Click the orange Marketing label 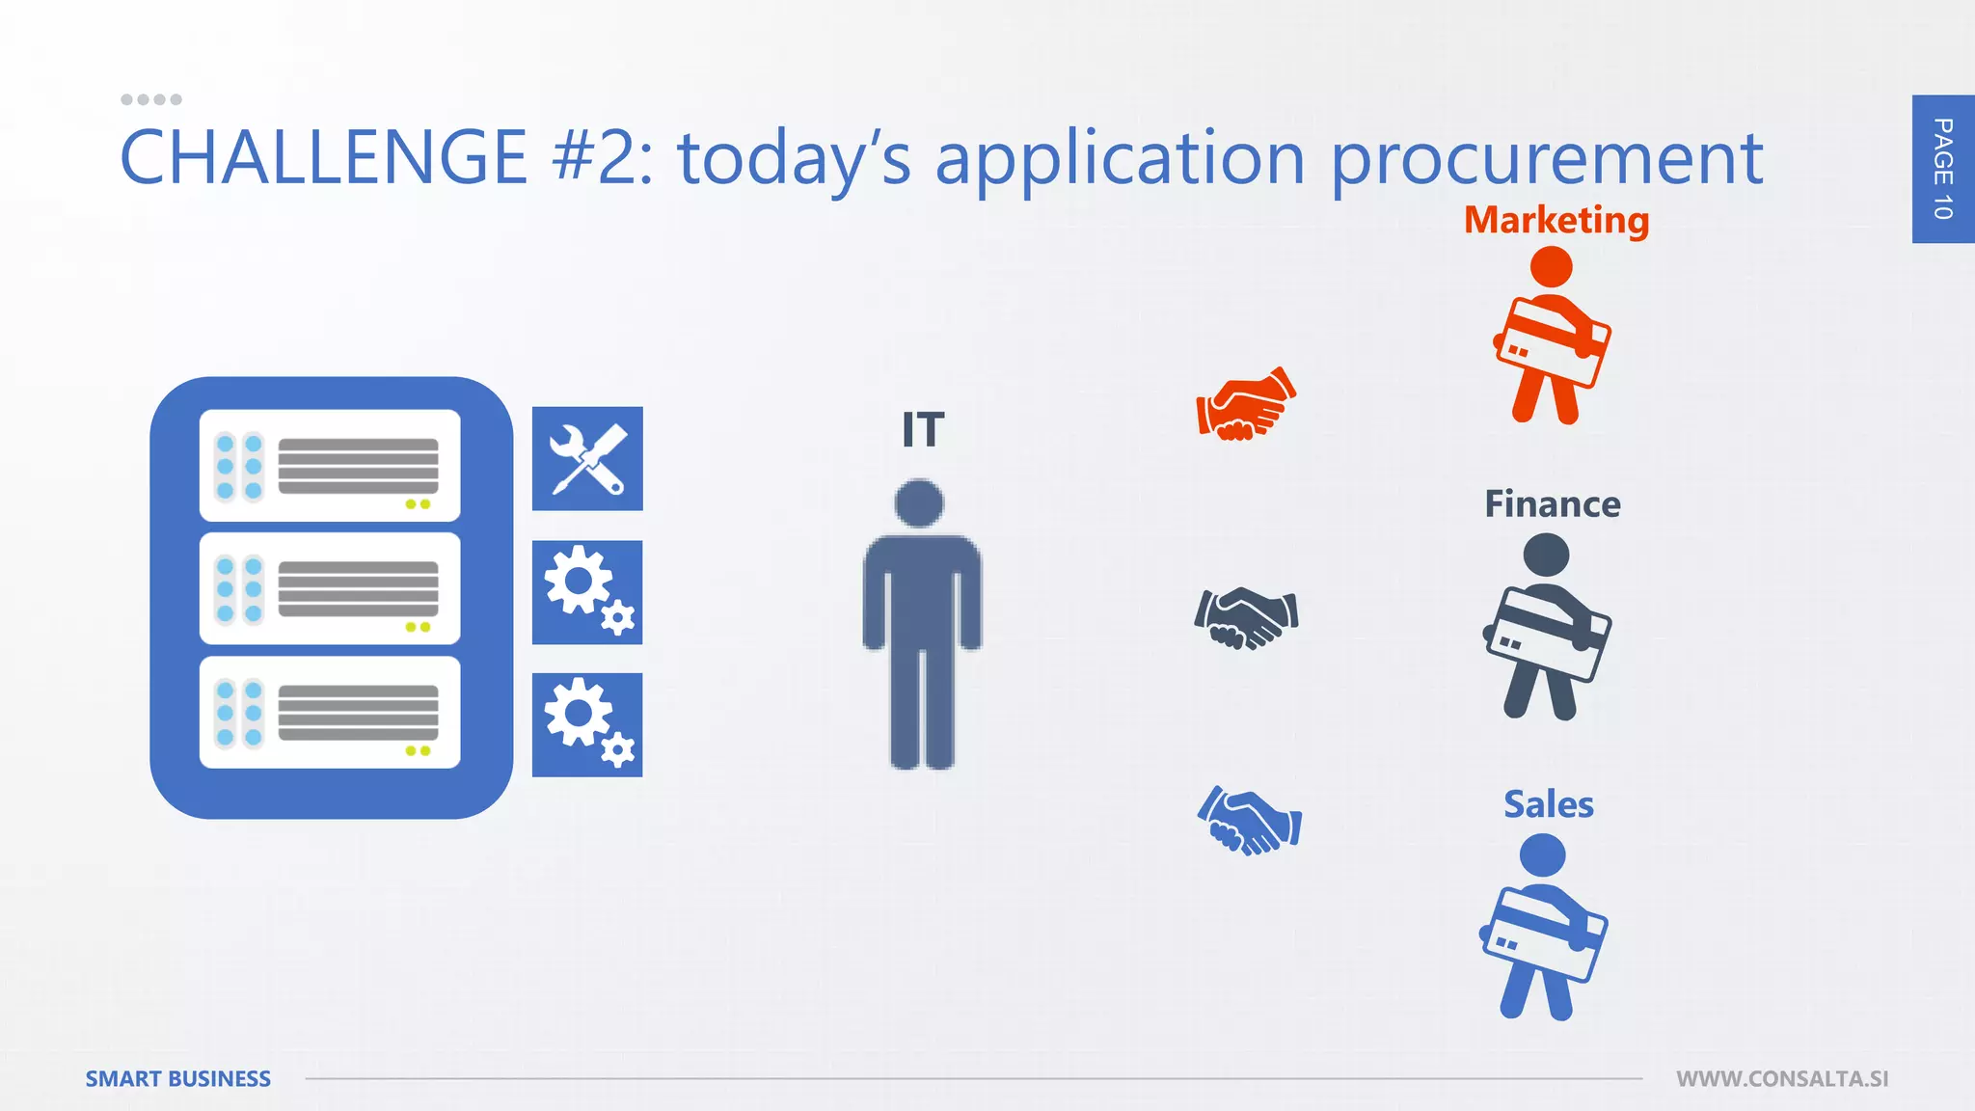click(x=1556, y=220)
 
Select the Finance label click(x=1552, y=504)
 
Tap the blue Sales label click(x=1548, y=804)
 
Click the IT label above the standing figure click(x=923, y=430)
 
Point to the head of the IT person click(x=919, y=503)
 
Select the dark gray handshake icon click(x=1246, y=617)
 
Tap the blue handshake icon click(x=1249, y=821)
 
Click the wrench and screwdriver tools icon click(x=587, y=459)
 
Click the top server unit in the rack click(x=330, y=466)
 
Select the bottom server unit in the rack click(x=330, y=713)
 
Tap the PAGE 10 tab click(x=1943, y=169)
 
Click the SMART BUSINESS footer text click(x=178, y=1079)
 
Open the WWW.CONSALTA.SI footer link click(x=1782, y=1079)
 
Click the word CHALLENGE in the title click(x=323, y=157)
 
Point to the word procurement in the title click(x=1547, y=159)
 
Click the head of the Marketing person click(x=1551, y=267)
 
